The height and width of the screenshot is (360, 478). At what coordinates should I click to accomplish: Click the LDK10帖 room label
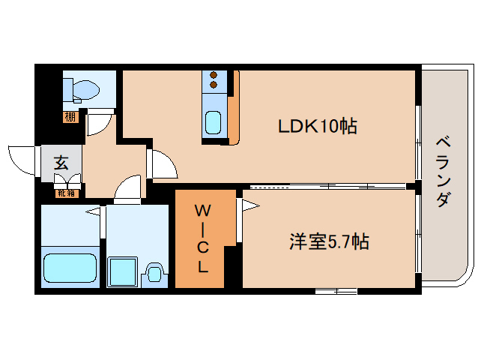pyautogui.click(x=317, y=126)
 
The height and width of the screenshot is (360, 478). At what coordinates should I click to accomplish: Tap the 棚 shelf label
pyautogui.click(x=70, y=116)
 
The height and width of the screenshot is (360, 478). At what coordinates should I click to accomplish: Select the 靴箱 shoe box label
pyautogui.click(x=66, y=193)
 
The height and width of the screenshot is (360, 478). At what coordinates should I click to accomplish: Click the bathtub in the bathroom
pyautogui.click(x=71, y=268)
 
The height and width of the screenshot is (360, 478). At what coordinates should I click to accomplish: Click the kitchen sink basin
pyautogui.click(x=214, y=121)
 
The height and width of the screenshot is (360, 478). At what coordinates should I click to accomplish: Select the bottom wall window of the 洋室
pyautogui.click(x=335, y=292)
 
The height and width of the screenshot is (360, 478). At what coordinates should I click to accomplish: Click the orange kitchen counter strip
pyautogui.click(x=234, y=109)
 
